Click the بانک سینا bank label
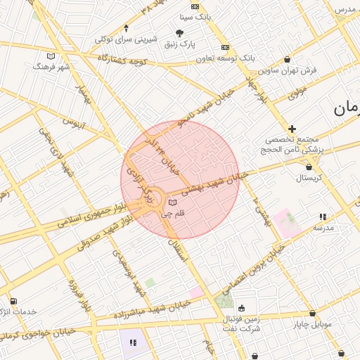coord(195,15)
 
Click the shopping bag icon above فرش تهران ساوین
coord(288,59)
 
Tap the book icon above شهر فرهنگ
coord(50,56)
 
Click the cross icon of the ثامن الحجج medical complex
coord(292,129)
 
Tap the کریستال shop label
coord(308,178)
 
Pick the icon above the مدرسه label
coord(323,217)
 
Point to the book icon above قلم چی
coord(172,202)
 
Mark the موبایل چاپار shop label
coord(311,325)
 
